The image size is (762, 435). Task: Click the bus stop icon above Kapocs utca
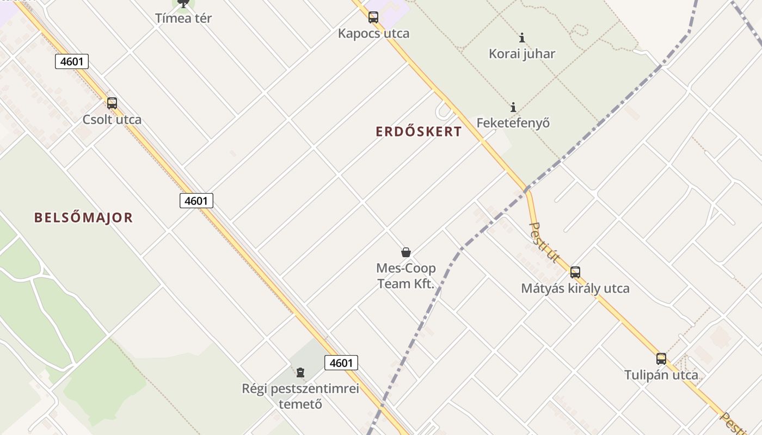(x=373, y=17)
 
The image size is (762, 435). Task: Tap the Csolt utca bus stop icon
(x=112, y=103)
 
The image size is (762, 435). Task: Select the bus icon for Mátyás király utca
(x=575, y=272)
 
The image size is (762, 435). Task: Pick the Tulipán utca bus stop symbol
(x=661, y=359)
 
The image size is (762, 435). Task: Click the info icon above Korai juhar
(x=522, y=38)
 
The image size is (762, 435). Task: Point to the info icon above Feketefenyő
(x=513, y=107)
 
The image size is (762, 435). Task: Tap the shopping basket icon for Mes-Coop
(x=406, y=252)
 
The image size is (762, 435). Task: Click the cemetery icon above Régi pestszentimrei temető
(x=300, y=372)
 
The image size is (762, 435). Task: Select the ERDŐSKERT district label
(x=419, y=132)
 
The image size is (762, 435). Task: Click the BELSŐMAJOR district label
(x=83, y=218)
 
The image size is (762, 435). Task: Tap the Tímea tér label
(x=183, y=18)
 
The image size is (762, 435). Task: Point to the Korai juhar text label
(x=522, y=54)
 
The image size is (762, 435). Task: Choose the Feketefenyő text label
(x=513, y=123)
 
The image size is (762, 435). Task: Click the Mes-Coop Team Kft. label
(x=406, y=276)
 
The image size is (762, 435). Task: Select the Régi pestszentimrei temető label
(x=300, y=396)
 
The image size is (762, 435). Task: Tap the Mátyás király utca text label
(x=575, y=288)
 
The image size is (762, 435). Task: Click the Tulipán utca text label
(x=661, y=375)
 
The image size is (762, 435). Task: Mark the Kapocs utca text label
(x=373, y=33)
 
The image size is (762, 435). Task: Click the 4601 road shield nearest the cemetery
(x=341, y=363)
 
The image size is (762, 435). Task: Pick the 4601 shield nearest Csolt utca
(x=72, y=61)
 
